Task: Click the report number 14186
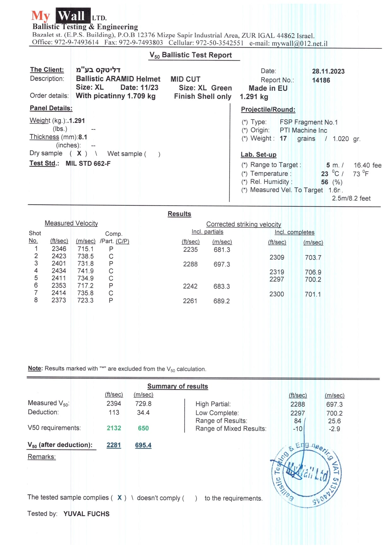[x=321, y=80]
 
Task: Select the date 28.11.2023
[x=328, y=71]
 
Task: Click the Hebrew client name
[x=98, y=70]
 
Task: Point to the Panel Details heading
[x=51, y=108]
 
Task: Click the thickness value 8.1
[x=83, y=137]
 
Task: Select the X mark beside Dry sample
[x=79, y=153]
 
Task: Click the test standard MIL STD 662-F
[x=88, y=163]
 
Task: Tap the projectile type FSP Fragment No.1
[x=308, y=122]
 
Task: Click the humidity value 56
[x=324, y=182]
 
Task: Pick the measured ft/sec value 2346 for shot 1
[x=59, y=249]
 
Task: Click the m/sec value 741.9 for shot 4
[x=85, y=271]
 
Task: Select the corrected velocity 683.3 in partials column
[x=222, y=286]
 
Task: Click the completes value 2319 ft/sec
[x=277, y=272]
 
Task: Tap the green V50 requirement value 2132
[x=114, y=428]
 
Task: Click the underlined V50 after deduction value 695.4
[x=143, y=445]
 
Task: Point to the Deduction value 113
[x=114, y=412]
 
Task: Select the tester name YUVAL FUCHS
[x=86, y=514]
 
